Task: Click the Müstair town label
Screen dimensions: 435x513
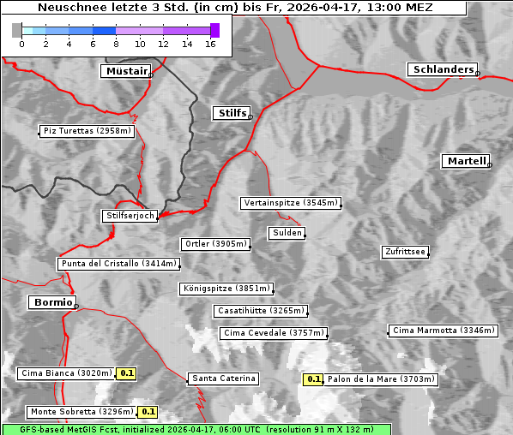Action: (125, 71)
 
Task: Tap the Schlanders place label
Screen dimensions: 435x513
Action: (442, 69)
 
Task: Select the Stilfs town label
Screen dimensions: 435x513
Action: (231, 113)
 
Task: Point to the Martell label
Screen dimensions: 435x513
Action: (466, 161)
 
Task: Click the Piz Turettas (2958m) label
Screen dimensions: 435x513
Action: (87, 131)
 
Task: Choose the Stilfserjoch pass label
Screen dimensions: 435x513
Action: (130, 216)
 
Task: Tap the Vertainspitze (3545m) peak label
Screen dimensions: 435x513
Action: (291, 203)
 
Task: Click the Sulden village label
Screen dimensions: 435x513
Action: (287, 233)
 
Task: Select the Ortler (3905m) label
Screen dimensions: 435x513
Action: (215, 244)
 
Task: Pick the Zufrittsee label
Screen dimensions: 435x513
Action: (405, 252)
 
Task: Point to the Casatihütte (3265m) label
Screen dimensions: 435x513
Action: (261, 310)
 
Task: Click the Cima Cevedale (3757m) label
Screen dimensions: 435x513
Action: (274, 333)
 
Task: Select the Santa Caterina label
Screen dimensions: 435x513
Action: (223, 378)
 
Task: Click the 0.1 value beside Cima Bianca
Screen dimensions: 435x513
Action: (127, 373)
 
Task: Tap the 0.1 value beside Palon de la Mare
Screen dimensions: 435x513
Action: (314, 379)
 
